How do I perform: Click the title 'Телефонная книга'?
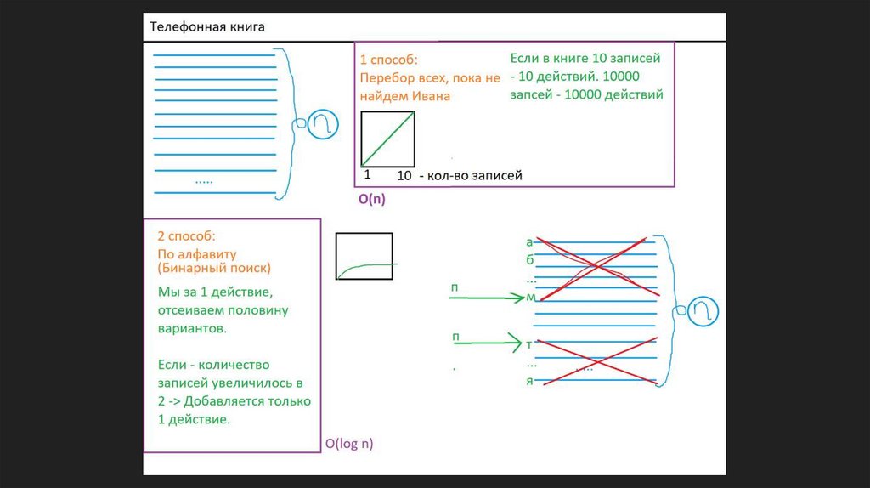click(207, 27)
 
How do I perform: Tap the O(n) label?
click(372, 200)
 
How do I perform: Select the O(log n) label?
click(349, 443)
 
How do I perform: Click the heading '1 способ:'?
click(389, 60)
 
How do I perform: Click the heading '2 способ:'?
click(186, 235)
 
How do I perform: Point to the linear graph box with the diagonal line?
click(388, 139)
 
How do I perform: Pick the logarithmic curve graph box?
click(364, 256)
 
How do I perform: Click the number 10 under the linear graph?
click(404, 175)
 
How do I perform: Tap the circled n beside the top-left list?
click(322, 124)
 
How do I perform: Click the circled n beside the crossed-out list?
click(704, 310)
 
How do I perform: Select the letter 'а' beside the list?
click(530, 241)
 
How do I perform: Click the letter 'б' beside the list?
click(530, 260)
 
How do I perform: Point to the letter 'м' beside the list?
click(531, 297)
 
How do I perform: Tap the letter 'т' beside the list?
click(530, 344)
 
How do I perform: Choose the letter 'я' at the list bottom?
click(530, 381)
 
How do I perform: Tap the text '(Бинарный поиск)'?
click(214, 269)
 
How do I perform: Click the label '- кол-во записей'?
click(470, 175)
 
